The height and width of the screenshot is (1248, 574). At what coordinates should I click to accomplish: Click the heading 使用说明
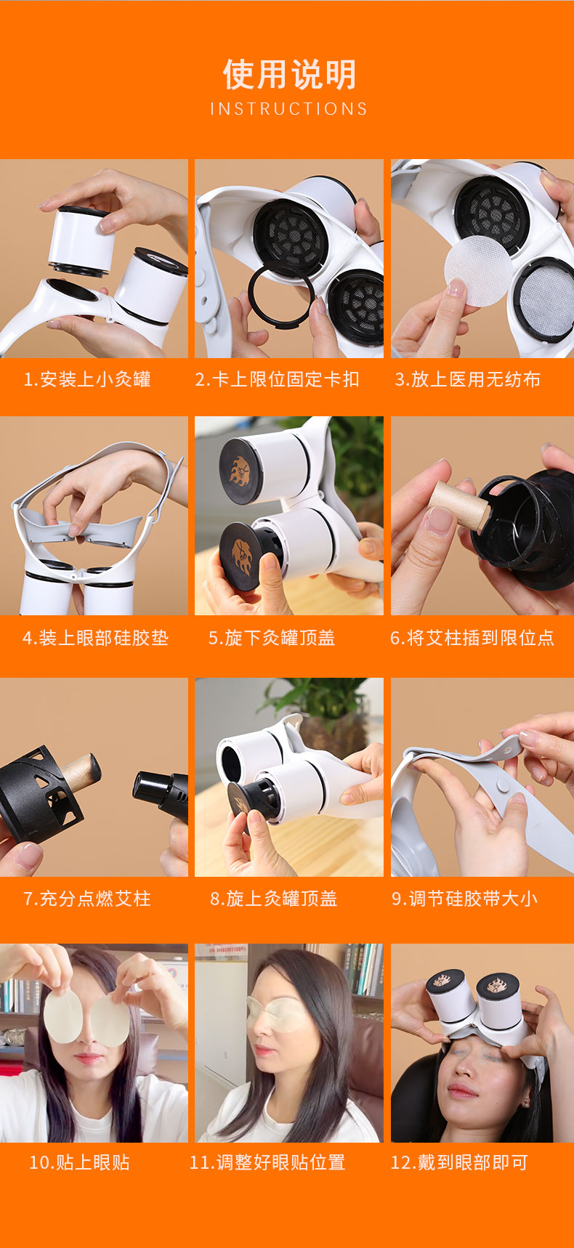289,74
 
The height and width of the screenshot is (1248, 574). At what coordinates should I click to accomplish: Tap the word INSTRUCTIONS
289,109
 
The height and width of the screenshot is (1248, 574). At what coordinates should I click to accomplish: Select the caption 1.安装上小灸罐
87,379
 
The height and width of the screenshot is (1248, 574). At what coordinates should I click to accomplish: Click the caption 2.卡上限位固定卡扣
277,379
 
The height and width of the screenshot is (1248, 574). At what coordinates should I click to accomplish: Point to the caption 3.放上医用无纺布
468,379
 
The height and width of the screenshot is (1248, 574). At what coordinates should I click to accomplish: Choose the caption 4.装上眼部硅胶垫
95,638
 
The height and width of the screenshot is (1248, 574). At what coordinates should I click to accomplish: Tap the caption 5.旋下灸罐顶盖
272,638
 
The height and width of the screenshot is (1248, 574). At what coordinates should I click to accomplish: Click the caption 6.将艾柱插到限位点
472,638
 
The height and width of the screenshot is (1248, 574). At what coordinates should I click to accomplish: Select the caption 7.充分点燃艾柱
87,899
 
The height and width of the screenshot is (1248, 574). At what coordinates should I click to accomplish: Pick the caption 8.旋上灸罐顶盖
274,899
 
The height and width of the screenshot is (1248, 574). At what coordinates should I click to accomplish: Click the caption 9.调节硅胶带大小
465,899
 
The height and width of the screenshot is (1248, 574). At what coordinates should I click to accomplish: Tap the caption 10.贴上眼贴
79,1162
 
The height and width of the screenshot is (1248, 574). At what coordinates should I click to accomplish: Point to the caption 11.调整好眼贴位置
267,1162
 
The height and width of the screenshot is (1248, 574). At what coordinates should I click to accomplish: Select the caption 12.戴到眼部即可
459,1162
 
